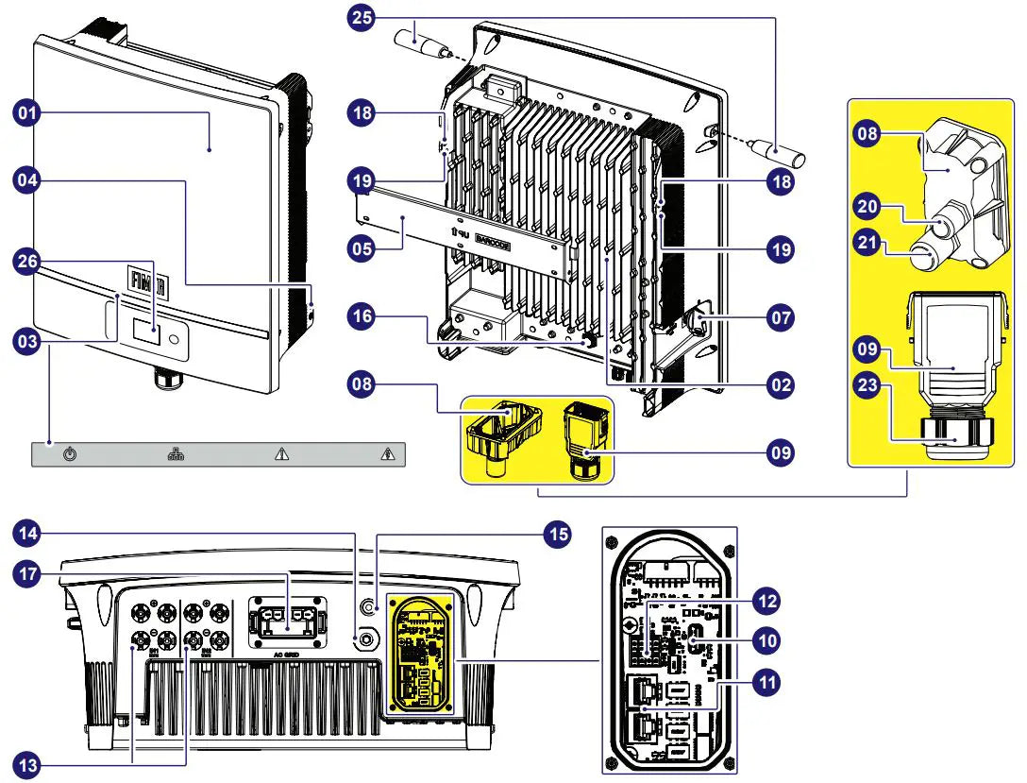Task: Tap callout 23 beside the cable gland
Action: pos(868,384)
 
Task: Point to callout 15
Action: pos(557,534)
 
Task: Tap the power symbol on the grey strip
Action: pos(70,455)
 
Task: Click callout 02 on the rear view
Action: pos(780,384)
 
